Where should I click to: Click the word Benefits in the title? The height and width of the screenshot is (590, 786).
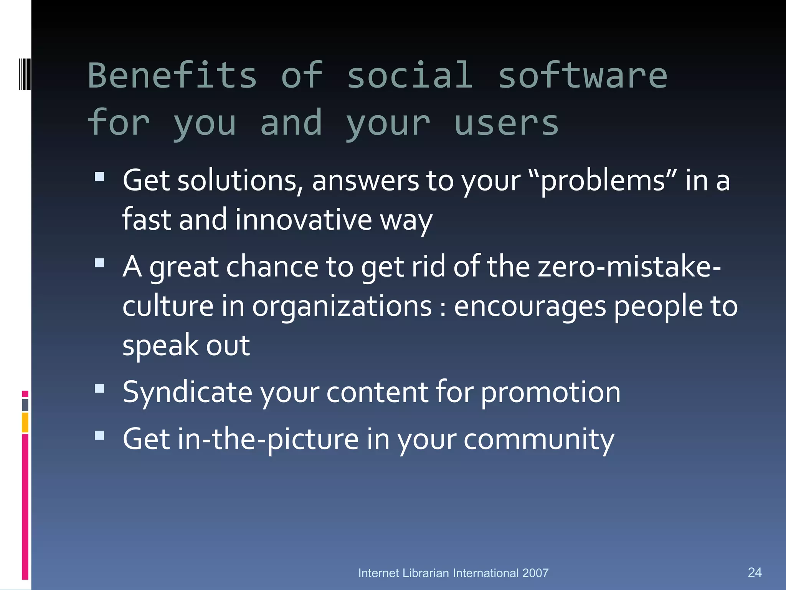click(x=172, y=76)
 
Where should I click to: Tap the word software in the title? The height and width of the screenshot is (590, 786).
click(x=582, y=76)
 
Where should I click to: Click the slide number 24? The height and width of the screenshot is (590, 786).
click(x=755, y=572)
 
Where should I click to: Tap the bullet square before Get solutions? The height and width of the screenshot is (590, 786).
click(x=99, y=176)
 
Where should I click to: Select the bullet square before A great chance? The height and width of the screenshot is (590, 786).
click(x=99, y=263)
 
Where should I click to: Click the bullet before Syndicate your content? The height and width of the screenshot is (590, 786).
click(x=99, y=388)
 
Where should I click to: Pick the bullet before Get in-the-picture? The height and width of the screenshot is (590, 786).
click(x=99, y=435)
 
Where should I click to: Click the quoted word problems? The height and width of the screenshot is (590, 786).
click(x=603, y=181)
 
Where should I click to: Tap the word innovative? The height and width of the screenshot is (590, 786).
click(x=303, y=220)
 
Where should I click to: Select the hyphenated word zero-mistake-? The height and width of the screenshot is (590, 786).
click(x=629, y=267)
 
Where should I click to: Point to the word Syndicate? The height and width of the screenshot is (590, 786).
click(x=187, y=393)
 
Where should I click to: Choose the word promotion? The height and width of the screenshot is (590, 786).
click(x=550, y=393)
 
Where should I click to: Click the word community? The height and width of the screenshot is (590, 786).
click(x=539, y=439)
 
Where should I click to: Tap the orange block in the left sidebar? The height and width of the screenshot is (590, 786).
click(x=25, y=422)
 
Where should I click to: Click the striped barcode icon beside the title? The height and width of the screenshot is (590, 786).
click(x=25, y=74)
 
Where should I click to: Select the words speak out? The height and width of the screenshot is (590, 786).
click(x=186, y=345)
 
